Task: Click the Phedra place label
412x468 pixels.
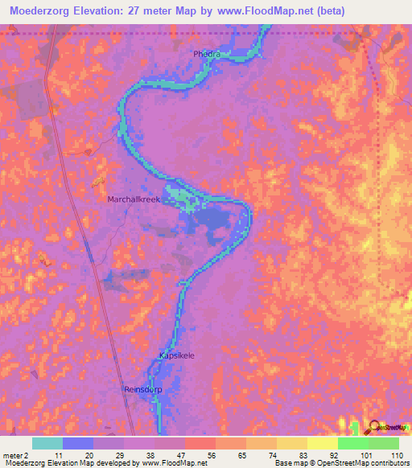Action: [206, 54]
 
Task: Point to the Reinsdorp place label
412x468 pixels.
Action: [144, 389]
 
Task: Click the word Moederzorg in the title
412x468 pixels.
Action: [41, 10]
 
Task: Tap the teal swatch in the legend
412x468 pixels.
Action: [47, 442]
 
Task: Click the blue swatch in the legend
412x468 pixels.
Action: [78, 442]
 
